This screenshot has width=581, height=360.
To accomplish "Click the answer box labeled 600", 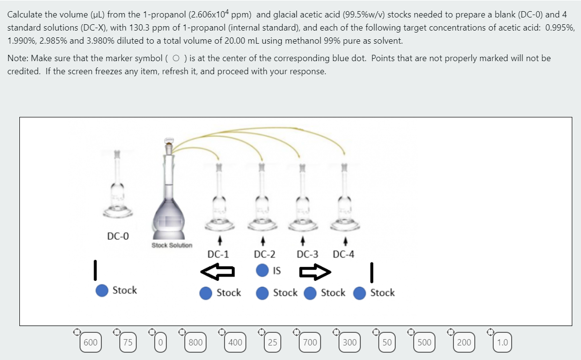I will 90,343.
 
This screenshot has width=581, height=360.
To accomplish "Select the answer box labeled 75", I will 128,343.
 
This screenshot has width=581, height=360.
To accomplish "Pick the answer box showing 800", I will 195,343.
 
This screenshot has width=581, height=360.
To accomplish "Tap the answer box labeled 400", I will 235,343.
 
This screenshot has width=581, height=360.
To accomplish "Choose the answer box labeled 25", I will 273,343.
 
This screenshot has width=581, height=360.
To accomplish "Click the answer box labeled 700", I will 310,343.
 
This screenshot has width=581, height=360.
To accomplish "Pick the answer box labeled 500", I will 424,343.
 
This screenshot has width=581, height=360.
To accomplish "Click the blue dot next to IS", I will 262,270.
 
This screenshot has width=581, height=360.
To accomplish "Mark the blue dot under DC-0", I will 102,290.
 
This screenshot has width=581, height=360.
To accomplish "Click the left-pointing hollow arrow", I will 218,272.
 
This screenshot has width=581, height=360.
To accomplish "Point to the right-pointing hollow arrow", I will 315,272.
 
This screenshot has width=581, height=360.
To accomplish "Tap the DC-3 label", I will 307,254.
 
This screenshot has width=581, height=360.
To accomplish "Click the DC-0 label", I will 118,236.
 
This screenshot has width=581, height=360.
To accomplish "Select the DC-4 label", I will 343,254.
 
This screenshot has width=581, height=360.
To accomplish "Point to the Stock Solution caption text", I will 172,245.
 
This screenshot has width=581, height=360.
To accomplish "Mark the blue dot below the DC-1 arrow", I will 206,293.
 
